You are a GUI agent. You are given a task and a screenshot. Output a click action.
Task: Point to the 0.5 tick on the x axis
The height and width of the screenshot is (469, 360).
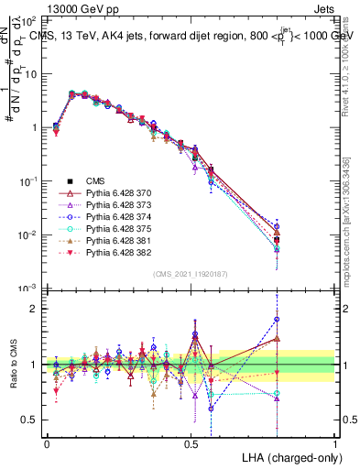point(191,442)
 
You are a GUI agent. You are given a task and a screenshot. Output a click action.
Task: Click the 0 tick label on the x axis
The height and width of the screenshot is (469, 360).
point(47,442)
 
